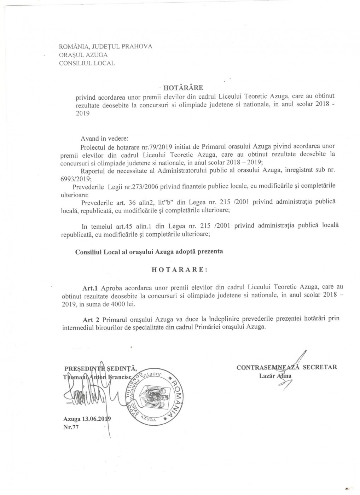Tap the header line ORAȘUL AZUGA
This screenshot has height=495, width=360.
coord(84,55)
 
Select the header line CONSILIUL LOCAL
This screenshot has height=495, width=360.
coord(87,63)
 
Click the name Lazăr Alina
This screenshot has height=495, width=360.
coord(275,375)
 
